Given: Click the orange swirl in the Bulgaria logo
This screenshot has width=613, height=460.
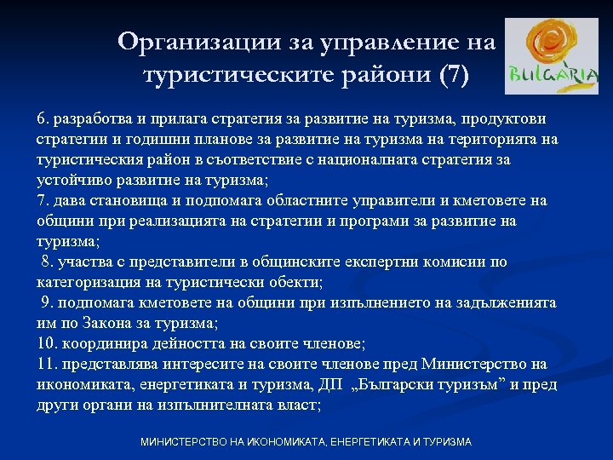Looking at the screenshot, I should point(553,44).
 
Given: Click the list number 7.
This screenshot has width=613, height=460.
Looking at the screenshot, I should point(43,200).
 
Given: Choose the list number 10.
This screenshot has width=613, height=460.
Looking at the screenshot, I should point(47,343).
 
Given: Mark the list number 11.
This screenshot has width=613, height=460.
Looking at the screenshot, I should point(47,364).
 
